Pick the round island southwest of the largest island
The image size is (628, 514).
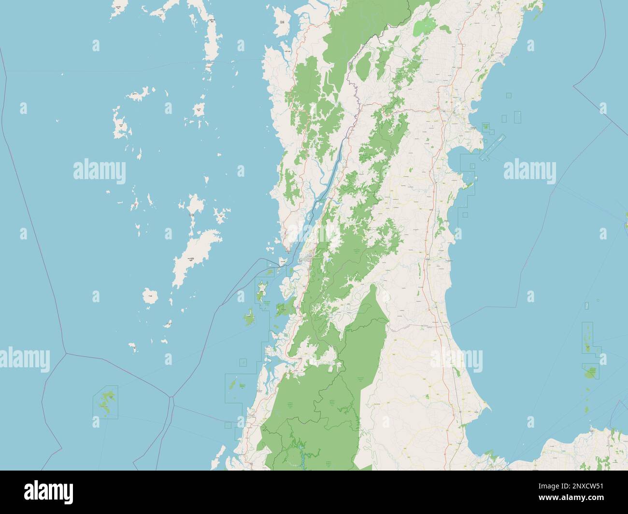(x=151, y=296)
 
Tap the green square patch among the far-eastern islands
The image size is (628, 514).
(x=590, y=372)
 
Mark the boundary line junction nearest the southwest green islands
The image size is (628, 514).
(x=171, y=398)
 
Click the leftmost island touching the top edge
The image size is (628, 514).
(x=116, y=10)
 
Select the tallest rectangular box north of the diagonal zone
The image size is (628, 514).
(x=517, y=116)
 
